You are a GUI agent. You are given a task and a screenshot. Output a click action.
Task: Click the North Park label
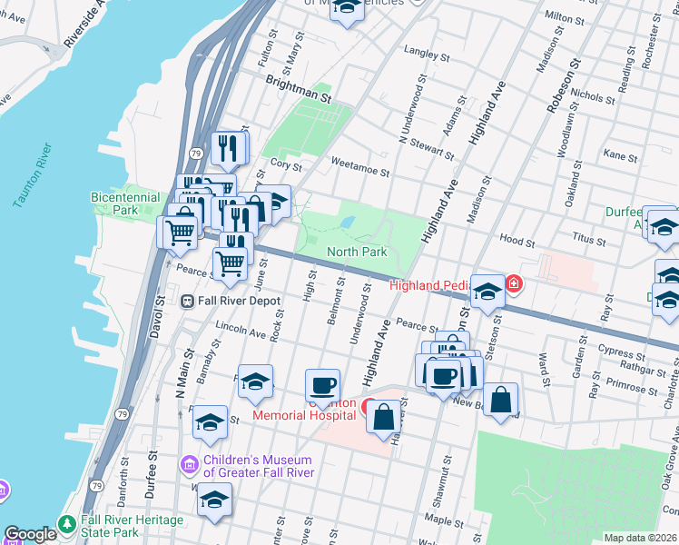point(357,252)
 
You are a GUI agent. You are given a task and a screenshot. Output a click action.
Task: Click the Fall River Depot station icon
point(188,301)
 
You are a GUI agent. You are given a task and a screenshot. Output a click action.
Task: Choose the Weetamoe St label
point(360,170)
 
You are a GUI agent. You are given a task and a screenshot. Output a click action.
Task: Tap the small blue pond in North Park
point(346,222)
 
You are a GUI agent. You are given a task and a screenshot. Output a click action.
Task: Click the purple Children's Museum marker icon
point(190,465)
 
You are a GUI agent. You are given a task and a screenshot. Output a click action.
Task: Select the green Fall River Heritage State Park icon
point(66,525)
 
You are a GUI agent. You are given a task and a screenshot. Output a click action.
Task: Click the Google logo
point(30,534)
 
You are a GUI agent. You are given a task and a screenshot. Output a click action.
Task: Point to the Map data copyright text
point(640,538)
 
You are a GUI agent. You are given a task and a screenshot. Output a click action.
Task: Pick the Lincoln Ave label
point(241,329)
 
